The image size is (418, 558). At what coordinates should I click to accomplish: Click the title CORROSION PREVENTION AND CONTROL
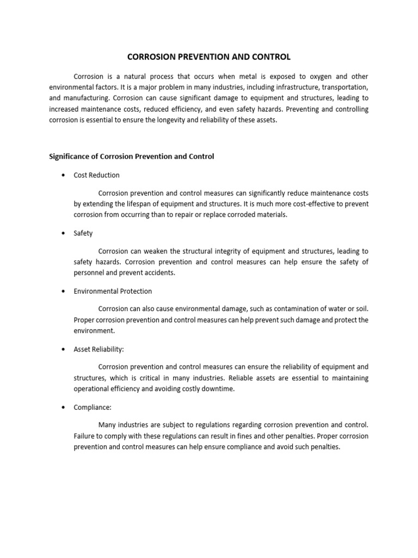click(209, 57)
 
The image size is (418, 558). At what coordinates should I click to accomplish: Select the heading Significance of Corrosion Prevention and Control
click(132, 156)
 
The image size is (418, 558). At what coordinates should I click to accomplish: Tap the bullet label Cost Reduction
click(96, 175)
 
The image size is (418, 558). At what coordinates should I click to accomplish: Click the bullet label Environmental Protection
click(113, 291)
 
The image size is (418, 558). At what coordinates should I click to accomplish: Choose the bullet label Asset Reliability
click(102, 349)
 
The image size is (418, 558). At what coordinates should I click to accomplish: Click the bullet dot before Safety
click(64, 233)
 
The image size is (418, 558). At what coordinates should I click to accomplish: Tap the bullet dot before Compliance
click(64, 407)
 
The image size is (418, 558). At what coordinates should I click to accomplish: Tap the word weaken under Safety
click(157, 251)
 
